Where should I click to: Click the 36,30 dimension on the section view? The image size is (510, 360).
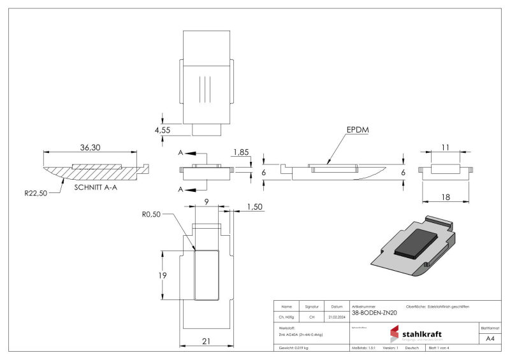tap(89, 147)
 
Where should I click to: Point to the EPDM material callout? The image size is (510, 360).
tap(358, 130)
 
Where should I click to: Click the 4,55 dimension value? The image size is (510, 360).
tap(163, 130)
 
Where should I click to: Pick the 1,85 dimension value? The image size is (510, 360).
tap(242, 152)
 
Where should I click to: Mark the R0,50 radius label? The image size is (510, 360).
tap(150, 214)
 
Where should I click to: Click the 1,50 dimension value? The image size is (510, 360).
tap(255, 207)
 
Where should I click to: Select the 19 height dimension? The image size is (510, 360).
tap(163, 275)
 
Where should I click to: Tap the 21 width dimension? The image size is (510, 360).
tap(206, 341)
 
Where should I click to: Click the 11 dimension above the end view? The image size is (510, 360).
tap(445, 147)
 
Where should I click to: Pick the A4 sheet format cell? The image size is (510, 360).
tap(490, 338)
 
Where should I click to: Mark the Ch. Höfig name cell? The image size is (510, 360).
tap(286, 317)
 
